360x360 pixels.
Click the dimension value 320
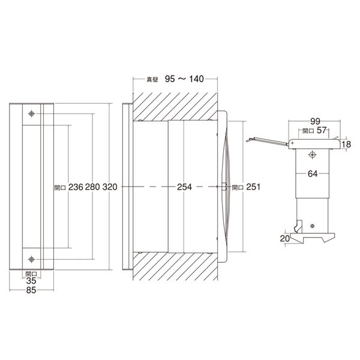(x=110, y=187)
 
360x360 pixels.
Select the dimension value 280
(x=92, y=187)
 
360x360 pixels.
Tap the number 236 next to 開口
(x=76, y=187)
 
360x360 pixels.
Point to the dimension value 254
(x=184, y=187)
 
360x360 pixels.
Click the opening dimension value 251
(x=253, y=187)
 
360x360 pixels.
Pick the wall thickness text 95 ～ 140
(x=184, y=79)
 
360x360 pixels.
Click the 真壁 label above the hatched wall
(x=152, y=80)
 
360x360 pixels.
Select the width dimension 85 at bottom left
(x=31, y=290)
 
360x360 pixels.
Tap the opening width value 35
(x=31, y=281)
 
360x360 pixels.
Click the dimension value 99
(x=315, y=121)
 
